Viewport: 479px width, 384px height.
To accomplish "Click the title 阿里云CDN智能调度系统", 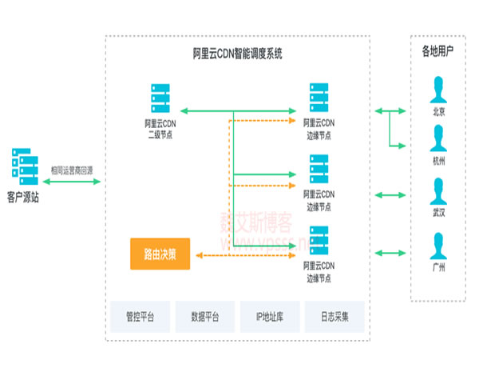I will (x=237, y=54).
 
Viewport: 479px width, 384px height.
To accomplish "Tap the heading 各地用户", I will (x=437, y=51).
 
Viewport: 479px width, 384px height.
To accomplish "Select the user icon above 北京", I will (x=437, y=87).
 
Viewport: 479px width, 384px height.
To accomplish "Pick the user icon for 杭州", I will (x=437, y=138).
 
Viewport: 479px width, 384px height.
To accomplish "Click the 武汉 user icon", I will (x=437, y=191).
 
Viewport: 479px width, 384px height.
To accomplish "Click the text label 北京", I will (x=437, y=112).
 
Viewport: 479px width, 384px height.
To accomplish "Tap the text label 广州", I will (x=437, y=267).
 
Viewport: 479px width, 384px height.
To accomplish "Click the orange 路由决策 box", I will (x=160, y=254).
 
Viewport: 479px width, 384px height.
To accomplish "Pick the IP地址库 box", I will (x=269, y=317).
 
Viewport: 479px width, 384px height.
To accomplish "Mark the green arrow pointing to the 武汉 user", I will (x=388, y=194).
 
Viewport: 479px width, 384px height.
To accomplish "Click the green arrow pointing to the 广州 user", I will (x=388, y=247).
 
